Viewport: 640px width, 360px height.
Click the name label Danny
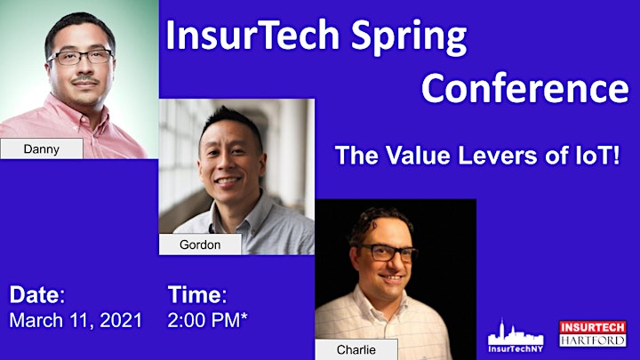tap(42, 148)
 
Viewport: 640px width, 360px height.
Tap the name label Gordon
tap(200, 244)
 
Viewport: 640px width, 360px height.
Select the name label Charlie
tap(356, 349)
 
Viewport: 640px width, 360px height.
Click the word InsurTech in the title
tap(252, 35)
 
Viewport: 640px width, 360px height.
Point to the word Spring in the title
tap(409, 37)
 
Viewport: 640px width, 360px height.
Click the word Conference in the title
tap(525, 88)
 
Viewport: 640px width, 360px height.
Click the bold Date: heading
tap(37, 294)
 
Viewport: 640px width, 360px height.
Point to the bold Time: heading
tap(197, 294)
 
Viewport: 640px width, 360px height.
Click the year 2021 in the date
tap(121, 320)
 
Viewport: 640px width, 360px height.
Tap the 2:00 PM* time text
tap(207, 320)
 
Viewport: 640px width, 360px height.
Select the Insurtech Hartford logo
tap(593, 334)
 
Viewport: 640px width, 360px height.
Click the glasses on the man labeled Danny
tap(80, 57)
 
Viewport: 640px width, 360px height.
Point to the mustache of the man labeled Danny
tap(85, 79)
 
